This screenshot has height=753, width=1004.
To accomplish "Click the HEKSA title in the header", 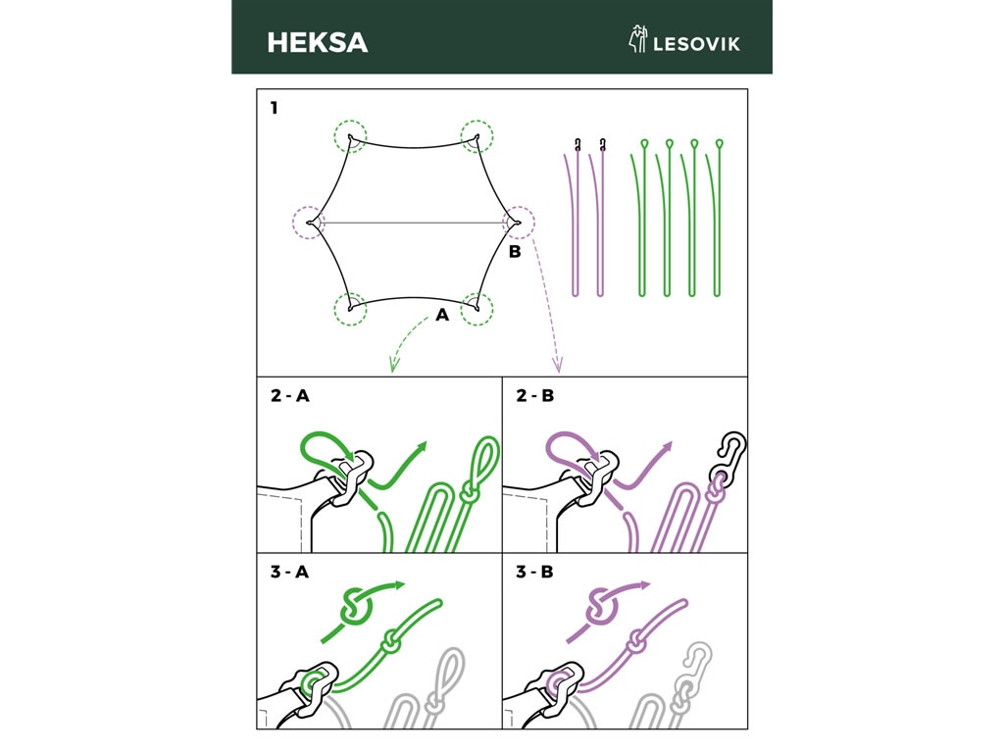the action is pos(318,43).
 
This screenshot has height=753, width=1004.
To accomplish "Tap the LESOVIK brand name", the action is pos(697,44).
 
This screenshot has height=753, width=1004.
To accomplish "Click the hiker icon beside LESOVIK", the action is pos(637,39).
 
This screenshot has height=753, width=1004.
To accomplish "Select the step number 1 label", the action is pos(275,108).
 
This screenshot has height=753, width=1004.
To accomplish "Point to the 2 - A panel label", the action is pos(290,396).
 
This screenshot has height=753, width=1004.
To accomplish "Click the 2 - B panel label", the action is pos(535,396).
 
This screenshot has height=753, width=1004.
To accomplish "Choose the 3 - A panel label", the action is pos(290,572).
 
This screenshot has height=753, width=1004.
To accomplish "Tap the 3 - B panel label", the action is pos(535,572).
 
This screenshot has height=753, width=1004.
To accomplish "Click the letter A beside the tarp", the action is pos(442,315).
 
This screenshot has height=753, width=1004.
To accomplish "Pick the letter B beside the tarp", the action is pos(515,252).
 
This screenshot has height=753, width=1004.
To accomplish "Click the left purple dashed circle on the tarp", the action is pos(309,223).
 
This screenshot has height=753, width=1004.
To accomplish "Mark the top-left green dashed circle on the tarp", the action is pos(350,136).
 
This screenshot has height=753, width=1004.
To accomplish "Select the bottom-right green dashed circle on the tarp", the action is pos(477,309).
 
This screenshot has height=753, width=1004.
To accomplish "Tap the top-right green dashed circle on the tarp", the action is pos(477,136).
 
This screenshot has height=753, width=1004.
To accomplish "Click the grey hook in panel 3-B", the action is pos(695,666).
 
